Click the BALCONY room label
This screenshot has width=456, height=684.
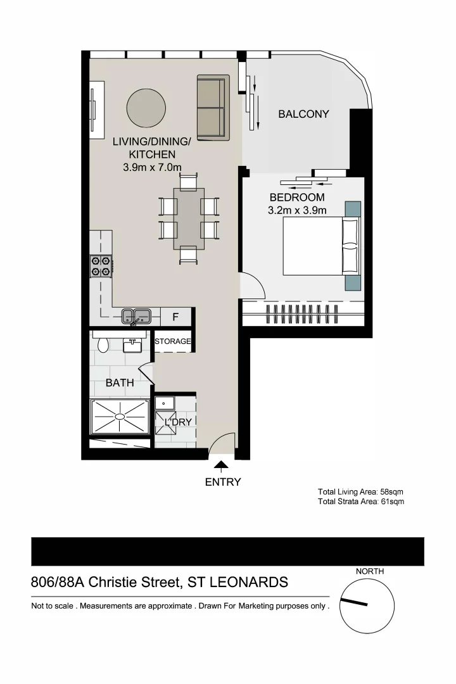tap(304, 114)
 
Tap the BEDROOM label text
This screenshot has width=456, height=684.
tap(297, 198)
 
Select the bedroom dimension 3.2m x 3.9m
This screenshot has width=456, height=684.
tap(297, 210)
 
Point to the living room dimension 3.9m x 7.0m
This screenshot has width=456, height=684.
tap(152, 168)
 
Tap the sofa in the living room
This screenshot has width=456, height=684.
tap(212, 107)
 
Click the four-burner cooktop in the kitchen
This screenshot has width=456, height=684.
tap(101, 265)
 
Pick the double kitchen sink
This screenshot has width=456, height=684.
tap(136, 315)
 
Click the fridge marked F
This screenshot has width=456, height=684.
tap(175, 317)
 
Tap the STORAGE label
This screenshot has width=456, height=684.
tap(173, 341)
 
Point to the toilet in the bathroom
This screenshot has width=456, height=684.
tap(103, 344)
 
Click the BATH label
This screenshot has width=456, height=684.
tap(120, 383)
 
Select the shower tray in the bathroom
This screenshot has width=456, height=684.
tap(120, 417)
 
